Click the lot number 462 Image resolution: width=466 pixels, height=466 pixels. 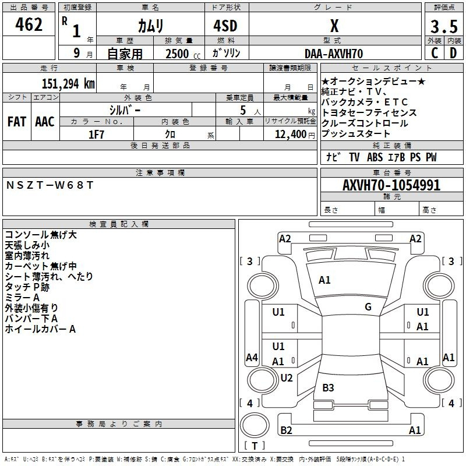tap(30, 25)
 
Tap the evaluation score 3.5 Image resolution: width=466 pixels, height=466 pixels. tap(443, 27)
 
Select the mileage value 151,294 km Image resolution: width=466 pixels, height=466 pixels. tap(68, 83)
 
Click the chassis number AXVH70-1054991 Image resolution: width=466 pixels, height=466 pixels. tap(391, 186)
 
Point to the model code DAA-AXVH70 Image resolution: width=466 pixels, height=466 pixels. tap(334, 54)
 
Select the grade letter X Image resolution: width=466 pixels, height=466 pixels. tap(334, 26)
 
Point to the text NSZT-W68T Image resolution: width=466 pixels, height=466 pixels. tap(50, 185)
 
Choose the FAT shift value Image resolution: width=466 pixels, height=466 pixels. tap(16, 122)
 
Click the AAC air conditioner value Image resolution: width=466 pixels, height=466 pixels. tap(45, 122)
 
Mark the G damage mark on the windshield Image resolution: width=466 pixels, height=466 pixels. tap(368, 307)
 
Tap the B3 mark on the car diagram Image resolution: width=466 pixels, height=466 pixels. tap(328, 388)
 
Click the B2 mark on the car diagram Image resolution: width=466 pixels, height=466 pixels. tap(286, 430)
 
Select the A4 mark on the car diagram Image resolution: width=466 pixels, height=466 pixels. tap(252, 358)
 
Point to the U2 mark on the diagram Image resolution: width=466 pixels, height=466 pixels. tap(286, 378)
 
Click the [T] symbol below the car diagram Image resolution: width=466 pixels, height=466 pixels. tap(254, 446)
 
